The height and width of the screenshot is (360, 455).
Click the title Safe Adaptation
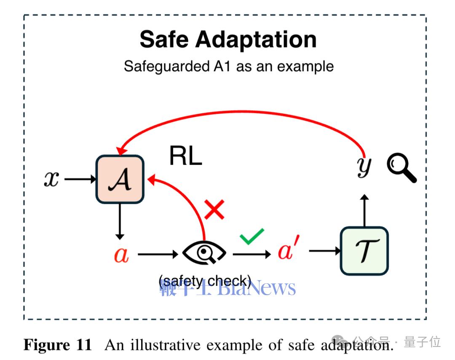227,39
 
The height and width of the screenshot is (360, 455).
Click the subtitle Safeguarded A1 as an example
228,67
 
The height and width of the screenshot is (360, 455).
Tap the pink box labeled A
120,180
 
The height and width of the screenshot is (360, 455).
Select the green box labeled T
364,251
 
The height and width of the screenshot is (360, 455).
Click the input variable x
51,180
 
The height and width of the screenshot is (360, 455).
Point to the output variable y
364,167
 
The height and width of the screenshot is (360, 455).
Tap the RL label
185,156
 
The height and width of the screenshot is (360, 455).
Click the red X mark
214,210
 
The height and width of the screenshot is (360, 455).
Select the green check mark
252,236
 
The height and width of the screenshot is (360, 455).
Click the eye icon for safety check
204,253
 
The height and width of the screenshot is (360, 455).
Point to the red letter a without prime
121,254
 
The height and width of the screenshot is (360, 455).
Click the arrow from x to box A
80,180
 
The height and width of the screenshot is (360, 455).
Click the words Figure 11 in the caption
58,345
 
